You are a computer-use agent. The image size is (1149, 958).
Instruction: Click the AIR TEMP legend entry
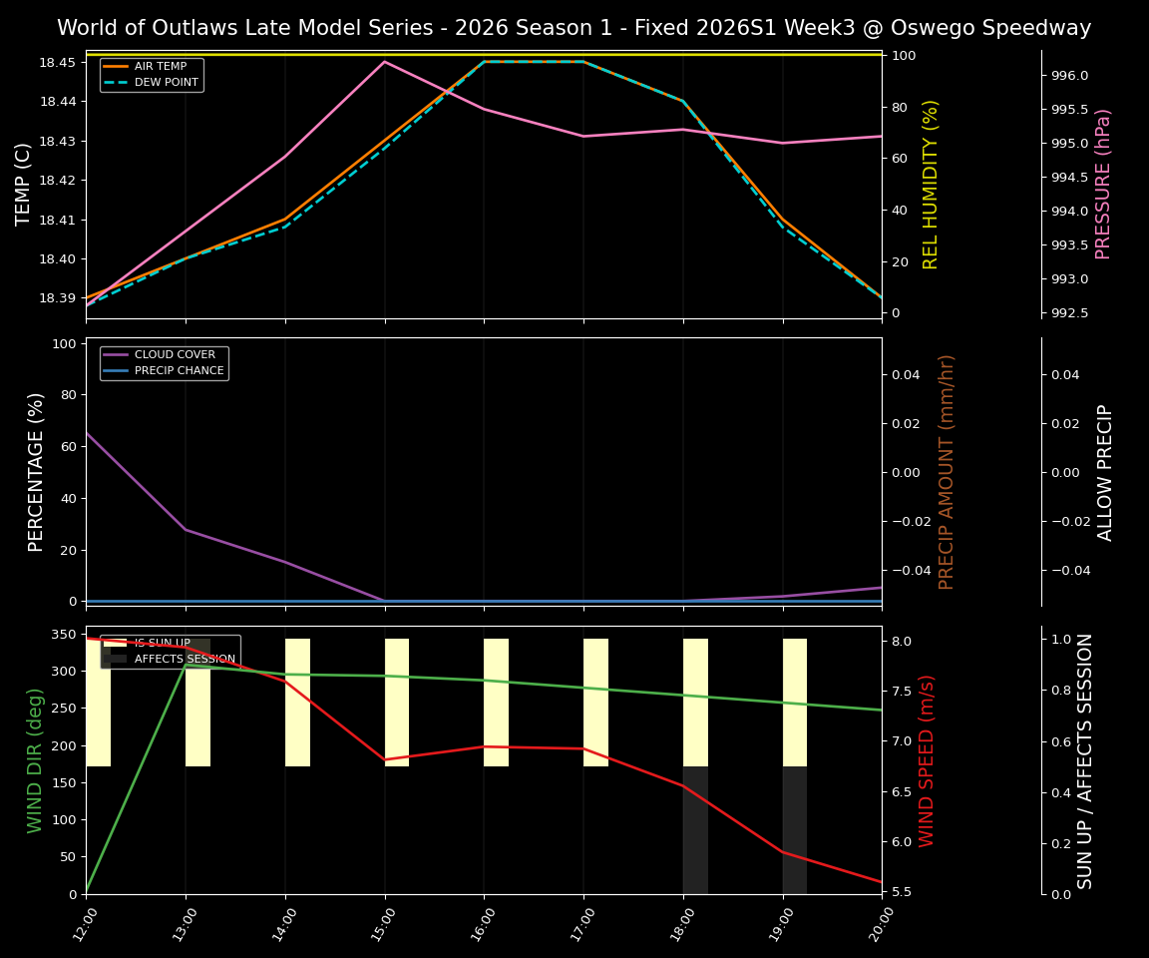(x=160, y=67)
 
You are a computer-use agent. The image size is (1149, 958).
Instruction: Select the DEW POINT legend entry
(x=166, y=82)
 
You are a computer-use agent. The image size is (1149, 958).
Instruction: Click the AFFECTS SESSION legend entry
(x=185, y=660)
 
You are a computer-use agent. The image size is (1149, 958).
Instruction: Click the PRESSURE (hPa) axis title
(x=1103, y=184)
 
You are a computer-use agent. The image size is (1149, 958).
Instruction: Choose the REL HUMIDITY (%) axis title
(x=931, y=184)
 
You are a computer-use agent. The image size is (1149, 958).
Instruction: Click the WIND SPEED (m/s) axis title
(x=928, y=760)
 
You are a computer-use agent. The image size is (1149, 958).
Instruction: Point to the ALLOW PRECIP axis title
(x=1105, y=472)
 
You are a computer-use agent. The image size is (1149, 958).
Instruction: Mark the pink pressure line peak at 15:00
(x=384, y=62)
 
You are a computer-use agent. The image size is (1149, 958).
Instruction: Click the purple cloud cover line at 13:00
(x=186, y=529)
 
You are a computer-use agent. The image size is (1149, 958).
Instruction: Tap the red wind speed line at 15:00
(x=385, y=759)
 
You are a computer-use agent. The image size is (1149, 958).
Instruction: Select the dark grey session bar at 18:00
(x=695, y=830)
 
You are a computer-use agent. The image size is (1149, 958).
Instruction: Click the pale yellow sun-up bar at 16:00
(x=496, y=702)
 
